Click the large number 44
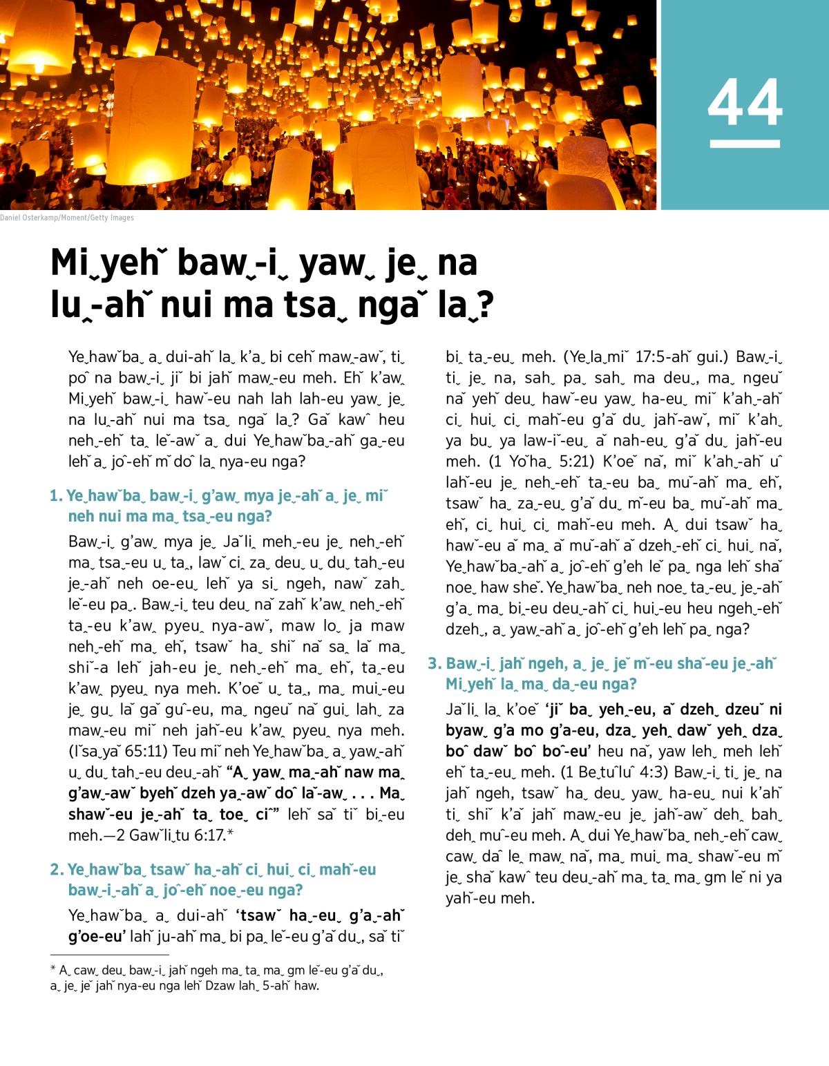[745, 102]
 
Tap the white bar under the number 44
[745, 144]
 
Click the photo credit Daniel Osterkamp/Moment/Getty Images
[67, 218]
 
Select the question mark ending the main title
[486, 305]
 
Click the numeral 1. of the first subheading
[56, 496]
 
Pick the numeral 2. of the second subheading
[57, 870]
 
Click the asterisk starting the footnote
[53, 969]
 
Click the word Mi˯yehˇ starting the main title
[105, 263]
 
